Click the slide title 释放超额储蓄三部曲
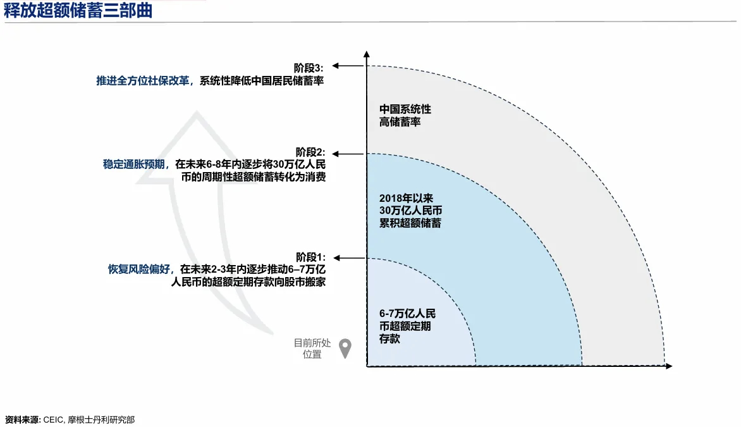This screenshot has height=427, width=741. pos(78,11)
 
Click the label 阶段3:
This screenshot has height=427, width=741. pos(309,67)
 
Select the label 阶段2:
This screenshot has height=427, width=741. pos(310,152)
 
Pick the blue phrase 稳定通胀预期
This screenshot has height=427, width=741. pos(134,164)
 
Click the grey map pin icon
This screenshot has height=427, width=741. pos(345,347)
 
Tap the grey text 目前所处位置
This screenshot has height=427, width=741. pos(312,349)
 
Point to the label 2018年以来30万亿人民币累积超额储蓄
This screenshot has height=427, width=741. pos(410,210)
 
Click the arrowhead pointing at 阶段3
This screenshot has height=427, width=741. pos(337,66)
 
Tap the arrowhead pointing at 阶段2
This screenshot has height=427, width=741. pos(337,154)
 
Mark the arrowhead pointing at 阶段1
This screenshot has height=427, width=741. pos(337,258)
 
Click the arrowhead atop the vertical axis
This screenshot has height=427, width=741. pos(367,56)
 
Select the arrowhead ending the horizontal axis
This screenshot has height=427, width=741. pos(668,366)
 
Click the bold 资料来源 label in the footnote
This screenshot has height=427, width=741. pos(22,419)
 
